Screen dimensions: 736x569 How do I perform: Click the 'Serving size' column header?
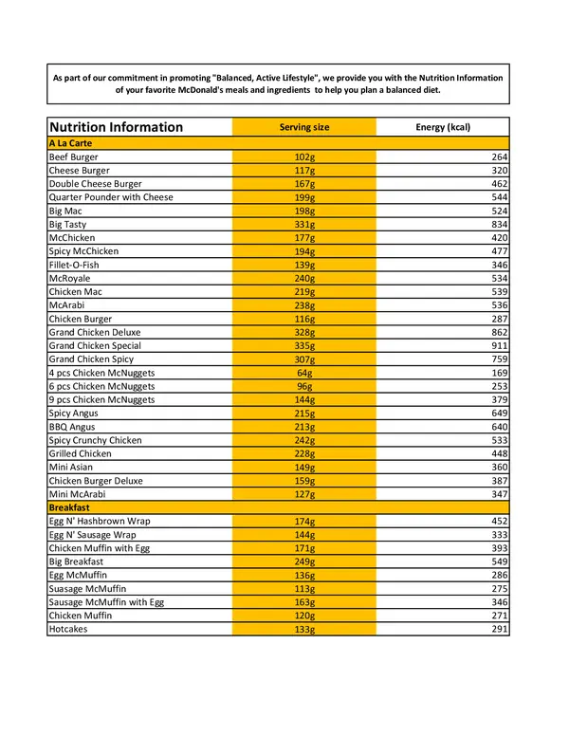[x=304, y=127]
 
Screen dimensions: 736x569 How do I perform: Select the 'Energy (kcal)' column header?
[x=443, y=127]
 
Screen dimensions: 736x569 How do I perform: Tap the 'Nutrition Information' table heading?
[x=116, y=127]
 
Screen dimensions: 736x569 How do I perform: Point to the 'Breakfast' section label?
[x=69, y=508]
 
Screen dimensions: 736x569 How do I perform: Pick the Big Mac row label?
[x=65, y=212]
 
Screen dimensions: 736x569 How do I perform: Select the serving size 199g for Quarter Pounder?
[x=304, y=198]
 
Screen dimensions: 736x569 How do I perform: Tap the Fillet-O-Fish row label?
[x=74, y=266]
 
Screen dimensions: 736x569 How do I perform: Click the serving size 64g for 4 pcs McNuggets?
[x=304, y=374]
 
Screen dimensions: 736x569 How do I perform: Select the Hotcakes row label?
[x=68, y=630]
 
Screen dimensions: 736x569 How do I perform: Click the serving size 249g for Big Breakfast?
[x=304, y=562]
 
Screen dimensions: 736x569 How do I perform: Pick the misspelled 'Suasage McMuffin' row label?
[x=87, y=589]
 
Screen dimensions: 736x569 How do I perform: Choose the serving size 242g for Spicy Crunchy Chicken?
[x=304, y=441]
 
